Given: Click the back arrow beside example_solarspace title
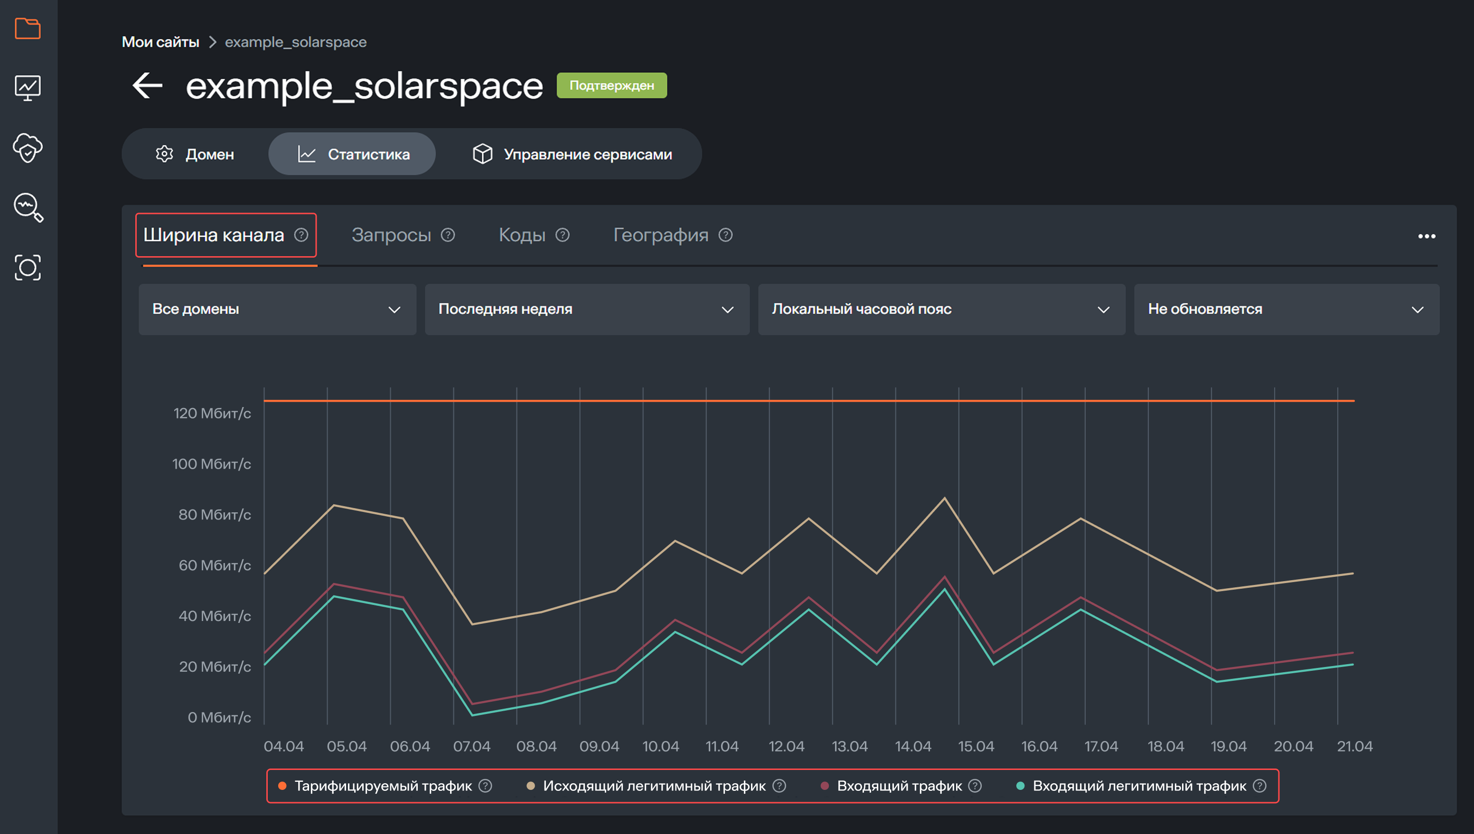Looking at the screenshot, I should coord(147,86).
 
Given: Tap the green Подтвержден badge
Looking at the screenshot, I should coord(611,85).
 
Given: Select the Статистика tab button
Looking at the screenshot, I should coord(352,154).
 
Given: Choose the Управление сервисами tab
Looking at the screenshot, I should coord(572,154).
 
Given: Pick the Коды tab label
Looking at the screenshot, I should coord(522,235).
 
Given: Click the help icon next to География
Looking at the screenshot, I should coord(725,235).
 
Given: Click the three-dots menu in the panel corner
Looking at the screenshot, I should coord(1427,236).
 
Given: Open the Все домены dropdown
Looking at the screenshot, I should coord(277,309).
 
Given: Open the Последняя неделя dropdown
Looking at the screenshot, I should coord(586,309).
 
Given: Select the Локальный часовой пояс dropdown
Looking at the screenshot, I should coord(941,309).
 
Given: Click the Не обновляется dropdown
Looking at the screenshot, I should coord(1286,309).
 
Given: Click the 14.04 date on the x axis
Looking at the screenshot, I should coord(913,746).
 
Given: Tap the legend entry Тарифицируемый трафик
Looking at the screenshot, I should coord(383,786).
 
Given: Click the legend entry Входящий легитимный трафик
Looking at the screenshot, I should coord(1139,786).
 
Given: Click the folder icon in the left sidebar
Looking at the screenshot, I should coord(28,28).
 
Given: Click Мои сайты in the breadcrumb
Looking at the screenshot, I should coord(160,42).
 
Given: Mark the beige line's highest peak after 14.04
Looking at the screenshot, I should coord(945,498).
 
